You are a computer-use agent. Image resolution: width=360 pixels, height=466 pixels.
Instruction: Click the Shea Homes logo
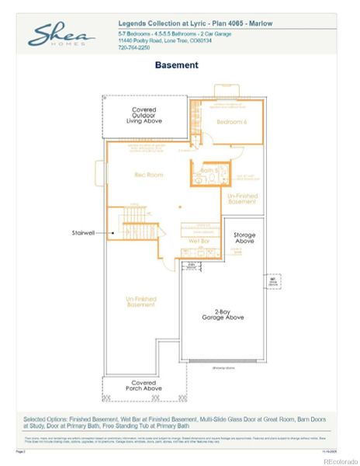[x=62, y=35]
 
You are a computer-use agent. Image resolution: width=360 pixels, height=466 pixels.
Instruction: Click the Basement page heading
[x=176, y=65]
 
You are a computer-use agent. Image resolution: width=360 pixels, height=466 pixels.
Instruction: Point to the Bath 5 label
[x=207, y=169]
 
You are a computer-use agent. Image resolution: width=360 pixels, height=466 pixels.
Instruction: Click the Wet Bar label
[x=199, y=242]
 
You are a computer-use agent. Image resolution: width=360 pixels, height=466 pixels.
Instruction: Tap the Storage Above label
[x=244, y=238]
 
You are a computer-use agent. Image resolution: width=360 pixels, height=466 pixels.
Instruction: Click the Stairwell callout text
[x=83, y=231]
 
